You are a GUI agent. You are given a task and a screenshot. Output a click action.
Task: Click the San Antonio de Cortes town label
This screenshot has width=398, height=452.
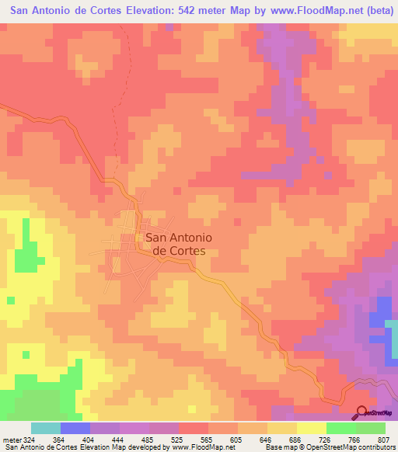point(175,245)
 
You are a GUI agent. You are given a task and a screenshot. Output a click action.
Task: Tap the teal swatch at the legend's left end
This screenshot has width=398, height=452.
point(45,428)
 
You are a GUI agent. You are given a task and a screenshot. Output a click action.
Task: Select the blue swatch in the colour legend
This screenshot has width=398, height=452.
point(75,428)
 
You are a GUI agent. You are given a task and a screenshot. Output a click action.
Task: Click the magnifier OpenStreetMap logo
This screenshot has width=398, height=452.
point(361,412)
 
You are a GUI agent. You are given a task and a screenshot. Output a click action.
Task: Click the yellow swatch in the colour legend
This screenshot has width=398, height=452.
point(311,428)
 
